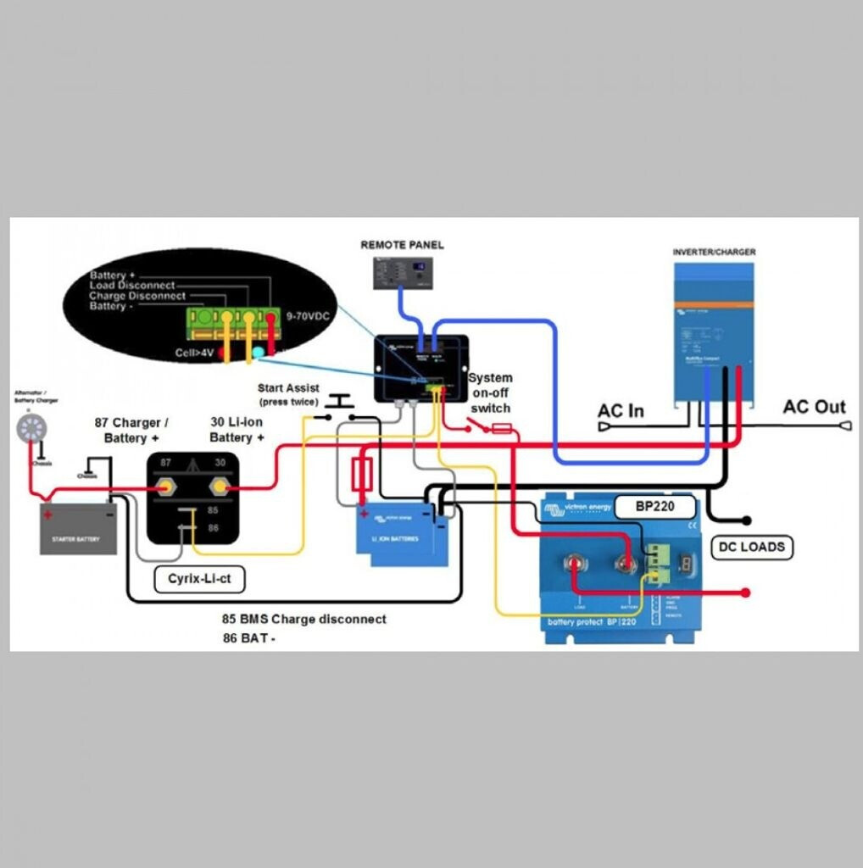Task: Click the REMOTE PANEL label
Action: pyautogui.click(x=402, y=245)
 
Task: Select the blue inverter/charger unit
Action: pyautogui.click(x=713, y=330)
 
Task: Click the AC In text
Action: pyautogui.click(x=621, y=411)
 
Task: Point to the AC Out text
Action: pyautogui.click(x=814, y=407)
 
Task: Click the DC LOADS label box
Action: pyautogui.click(x=751, y=548)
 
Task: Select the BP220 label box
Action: pyautogui.click(x=654, y=508)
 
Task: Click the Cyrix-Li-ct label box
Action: pyautogui.click(x=199, y=579)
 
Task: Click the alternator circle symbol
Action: pyautogui.click(x=30, y=427)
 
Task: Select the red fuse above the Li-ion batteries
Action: pyautogui.click(x=362, y=475)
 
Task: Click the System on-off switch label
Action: pyautogui.click(x=490, y=392)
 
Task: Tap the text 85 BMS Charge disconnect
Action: pyautogui.click(x=303, y=620)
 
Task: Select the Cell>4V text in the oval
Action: pyautogui.click(x=193, y=351)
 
